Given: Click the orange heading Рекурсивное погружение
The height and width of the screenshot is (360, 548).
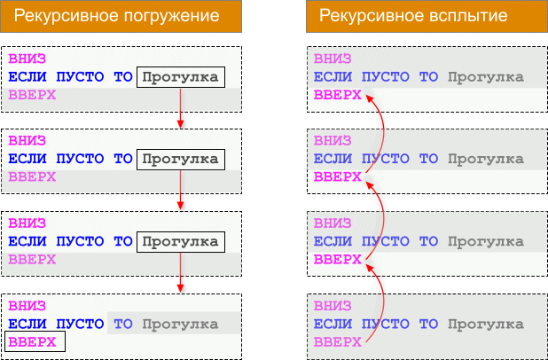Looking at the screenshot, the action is coord(117,16).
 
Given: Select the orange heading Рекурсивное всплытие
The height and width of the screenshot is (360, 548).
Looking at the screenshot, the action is coord(413,16).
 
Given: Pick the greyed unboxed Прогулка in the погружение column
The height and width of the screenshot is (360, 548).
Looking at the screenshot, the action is coord(180,325).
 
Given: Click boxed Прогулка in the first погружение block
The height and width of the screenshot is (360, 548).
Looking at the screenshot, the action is coord(181,77).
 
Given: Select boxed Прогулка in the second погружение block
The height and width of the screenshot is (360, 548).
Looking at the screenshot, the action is coord(181,160).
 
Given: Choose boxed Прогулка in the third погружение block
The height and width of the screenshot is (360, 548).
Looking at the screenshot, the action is coord(181,242).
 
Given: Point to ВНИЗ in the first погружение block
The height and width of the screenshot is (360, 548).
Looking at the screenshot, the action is coord(27,59).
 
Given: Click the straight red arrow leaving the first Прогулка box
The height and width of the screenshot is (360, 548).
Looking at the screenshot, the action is coord(180,108).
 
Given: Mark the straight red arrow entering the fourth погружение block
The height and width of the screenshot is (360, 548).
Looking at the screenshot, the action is coord(180,272).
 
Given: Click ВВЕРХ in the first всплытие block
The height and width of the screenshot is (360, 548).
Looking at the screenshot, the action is coord(337,95).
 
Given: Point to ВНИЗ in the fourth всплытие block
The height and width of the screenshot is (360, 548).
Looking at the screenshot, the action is coord(333,306).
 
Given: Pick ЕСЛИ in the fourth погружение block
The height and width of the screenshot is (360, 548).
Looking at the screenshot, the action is coord(27,324).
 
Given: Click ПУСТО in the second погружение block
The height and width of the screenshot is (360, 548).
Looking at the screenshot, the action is coord(80,159).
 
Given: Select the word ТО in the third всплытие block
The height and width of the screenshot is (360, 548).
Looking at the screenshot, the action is coord(428,241).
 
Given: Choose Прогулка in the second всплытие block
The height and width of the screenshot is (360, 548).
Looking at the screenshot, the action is coord(486,160).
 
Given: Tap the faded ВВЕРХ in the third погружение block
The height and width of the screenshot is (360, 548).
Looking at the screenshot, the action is coord(32,260).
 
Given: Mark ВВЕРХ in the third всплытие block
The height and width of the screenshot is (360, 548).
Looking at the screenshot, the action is coord(337,260).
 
